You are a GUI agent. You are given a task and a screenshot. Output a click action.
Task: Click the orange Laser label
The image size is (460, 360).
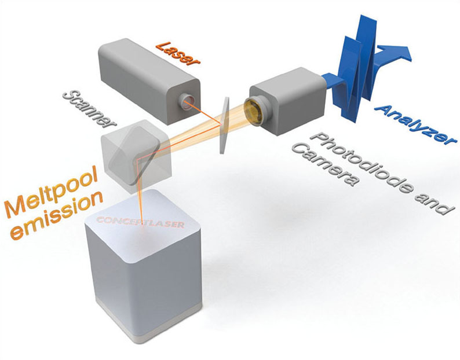tap(178, 53)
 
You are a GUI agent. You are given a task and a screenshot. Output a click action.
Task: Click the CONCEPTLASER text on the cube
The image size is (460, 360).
tap(140, 222)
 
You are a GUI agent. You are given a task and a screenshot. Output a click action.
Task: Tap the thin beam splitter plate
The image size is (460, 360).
tap(224, 125)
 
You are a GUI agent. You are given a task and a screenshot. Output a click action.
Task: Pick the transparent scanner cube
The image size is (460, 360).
tap(136, 156)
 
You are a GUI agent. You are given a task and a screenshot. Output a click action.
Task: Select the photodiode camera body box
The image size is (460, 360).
tap(287, 101)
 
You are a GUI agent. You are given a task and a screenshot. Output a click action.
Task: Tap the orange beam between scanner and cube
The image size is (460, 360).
tap(140, 192)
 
